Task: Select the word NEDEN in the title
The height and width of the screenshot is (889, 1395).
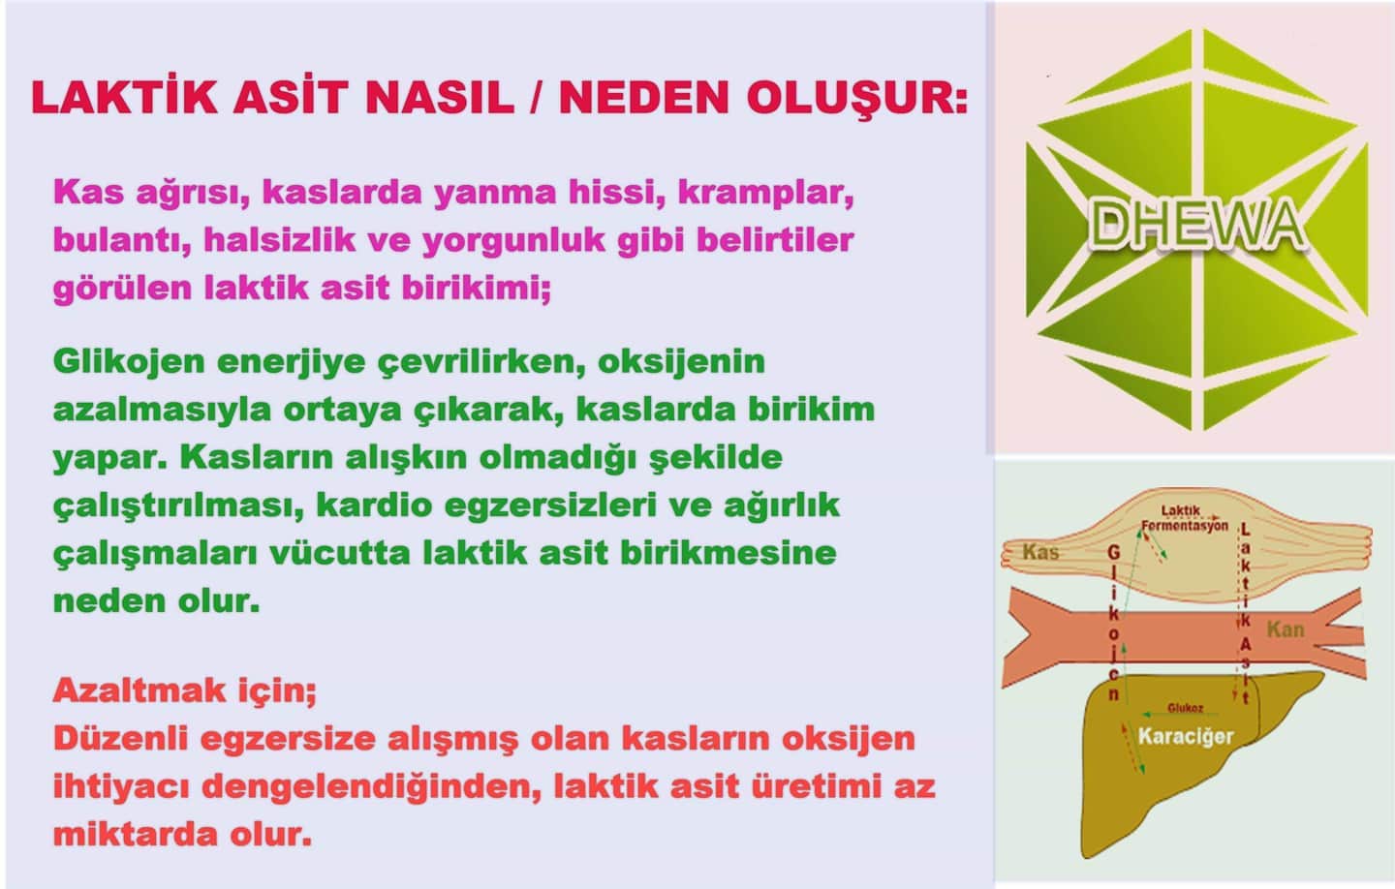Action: (x=644, y=97)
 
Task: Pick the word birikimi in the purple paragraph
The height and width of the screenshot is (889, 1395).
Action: (x=476, y=289)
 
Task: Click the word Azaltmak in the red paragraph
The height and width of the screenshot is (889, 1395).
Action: (x=139, y=690)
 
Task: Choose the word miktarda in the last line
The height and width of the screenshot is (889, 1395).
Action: (x=136, y=835)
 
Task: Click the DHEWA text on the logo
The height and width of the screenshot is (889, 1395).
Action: (x=1197, y=226)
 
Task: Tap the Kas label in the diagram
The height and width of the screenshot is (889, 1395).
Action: (x=1040, y=552)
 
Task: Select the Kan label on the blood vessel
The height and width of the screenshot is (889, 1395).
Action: (x=1286, y=630)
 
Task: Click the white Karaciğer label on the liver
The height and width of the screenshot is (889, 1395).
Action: (x=1186, y=736)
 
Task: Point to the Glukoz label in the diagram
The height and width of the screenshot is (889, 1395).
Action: (x=1185, y=708)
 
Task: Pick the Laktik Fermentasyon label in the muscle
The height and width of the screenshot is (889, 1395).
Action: (x=1185, y=518)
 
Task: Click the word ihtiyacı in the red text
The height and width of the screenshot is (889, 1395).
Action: (x=121, y=787)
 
